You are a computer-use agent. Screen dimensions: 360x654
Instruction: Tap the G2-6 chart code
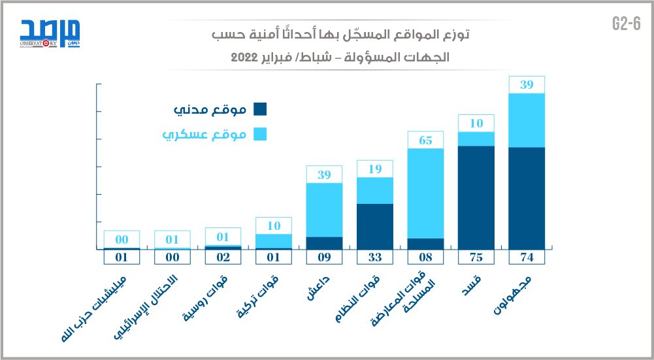click(x=625, y=24)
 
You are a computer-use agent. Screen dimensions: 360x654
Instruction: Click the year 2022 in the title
click(x=246, y=57)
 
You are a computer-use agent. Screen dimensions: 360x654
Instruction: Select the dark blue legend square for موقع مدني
click(x=259, y=110)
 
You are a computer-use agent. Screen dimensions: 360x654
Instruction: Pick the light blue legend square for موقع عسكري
click(x=259, y=135)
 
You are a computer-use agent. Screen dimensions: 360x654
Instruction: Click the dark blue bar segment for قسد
click(x=476, y=197)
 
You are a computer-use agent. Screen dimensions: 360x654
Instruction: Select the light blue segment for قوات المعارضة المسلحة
click(x=425, y=193)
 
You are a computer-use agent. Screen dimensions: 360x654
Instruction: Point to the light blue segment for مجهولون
click(x=527, y=120)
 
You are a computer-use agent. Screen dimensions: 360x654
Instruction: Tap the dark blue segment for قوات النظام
click(x=375, y=226)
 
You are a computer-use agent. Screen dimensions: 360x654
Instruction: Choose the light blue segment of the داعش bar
click(x=325, y=209)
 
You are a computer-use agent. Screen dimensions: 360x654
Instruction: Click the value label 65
click(x=425, y=140)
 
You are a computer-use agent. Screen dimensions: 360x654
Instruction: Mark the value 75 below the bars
click(x=476, y=257)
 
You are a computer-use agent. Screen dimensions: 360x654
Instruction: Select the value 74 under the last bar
click(x=527, y=257)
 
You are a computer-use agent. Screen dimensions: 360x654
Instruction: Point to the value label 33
click(x=375, y=257)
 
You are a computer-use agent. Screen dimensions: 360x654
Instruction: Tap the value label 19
click(x=375, y=169)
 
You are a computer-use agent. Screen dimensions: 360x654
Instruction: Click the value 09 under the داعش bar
click(x=325, y=257)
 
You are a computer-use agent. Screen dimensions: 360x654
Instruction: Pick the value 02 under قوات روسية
click(x=223, y=257)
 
